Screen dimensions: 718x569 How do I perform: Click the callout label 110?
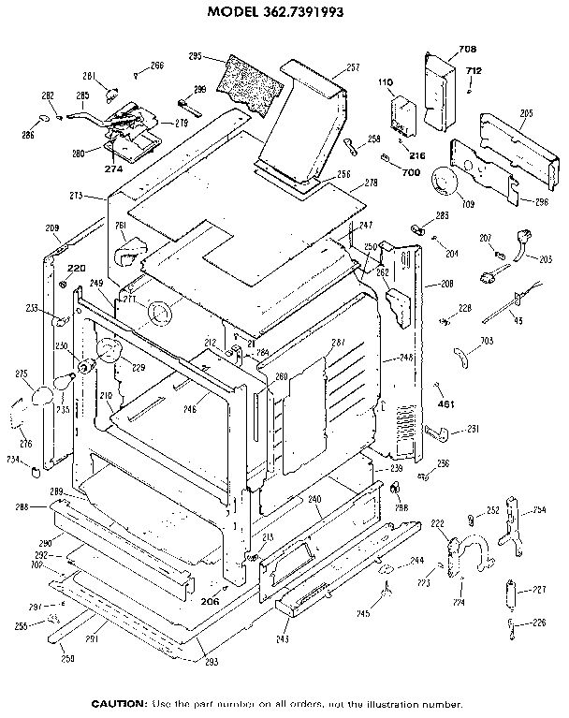click(x=384, y=82)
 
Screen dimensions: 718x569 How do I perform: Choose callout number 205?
click(x=526, y=113)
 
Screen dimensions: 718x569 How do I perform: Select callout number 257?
click(x=328, y=67)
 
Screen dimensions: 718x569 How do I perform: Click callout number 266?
click(x=156, y=66)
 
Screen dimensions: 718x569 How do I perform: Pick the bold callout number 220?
click(x=75, y=268)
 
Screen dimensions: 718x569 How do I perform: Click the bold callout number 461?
click(x=445, y=405)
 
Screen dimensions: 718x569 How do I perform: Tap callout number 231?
click(x=473, y=429)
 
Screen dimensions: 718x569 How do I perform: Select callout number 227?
click(x=538, y=590)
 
